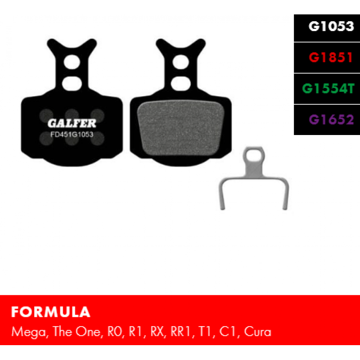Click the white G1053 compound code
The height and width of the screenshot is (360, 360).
[x=331, y=26]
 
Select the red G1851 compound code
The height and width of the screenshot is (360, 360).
[x=330, y=58]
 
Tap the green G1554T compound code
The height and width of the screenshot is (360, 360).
[x=328, y=89]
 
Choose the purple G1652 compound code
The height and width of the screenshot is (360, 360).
[x=331, y=120]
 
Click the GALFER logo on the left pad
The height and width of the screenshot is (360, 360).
[x=72, y=123]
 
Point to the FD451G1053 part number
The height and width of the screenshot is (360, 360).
[x=72, y=134]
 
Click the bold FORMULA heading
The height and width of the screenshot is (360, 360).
[x=50, y=312]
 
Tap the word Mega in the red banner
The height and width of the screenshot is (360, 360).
[x=29, y=332]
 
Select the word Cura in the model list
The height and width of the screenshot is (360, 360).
[x=257, y=332]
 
